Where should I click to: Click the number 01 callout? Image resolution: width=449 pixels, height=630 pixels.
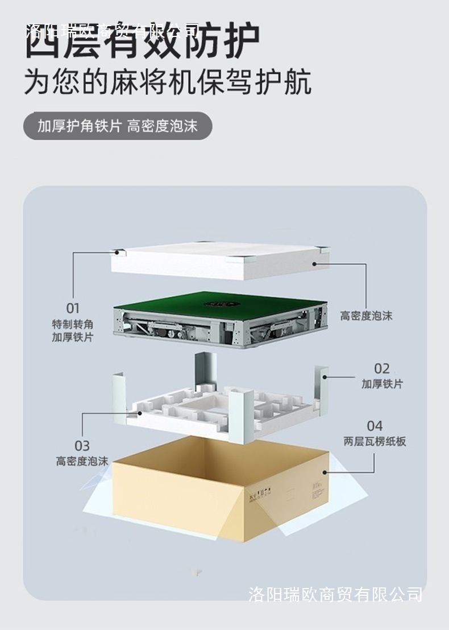click(x=73, y=309)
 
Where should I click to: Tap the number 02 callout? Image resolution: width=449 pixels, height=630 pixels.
click(x=381, y=368)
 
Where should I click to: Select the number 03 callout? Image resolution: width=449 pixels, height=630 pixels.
click(x=82, y=445)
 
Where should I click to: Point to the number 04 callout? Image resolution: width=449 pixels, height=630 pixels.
click(x=375, y=426)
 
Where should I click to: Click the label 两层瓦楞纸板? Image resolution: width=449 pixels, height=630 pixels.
click(x=375, y=442)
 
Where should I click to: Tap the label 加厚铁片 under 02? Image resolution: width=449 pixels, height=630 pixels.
click(x=382, y=384)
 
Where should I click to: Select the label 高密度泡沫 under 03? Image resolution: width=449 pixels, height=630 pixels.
click(x=82, y=461)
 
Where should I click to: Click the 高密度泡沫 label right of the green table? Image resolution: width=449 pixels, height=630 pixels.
click(x=366, y=316)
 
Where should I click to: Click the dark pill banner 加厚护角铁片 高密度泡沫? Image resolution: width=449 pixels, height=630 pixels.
click(x=118, y=126)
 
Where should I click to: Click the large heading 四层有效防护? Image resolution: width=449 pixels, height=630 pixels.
click(x=142, y=41)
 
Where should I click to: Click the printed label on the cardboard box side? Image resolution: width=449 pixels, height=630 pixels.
click(x=267, y=490)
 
